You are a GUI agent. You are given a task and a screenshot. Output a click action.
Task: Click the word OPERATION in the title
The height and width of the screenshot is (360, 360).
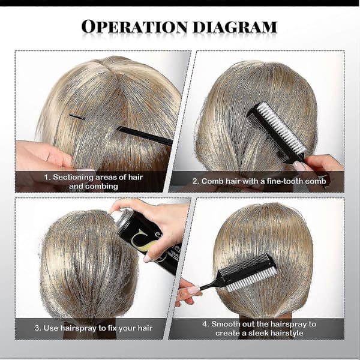pos(134,26)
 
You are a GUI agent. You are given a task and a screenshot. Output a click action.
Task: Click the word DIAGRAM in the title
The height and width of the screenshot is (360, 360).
pos(235,27)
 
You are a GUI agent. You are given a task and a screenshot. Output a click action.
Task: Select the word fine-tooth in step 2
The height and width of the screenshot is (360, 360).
pos(286,181)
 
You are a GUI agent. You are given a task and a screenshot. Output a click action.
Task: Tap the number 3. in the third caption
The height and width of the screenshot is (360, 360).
pos(38,328)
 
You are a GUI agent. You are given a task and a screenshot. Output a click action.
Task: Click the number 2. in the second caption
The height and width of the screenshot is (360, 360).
pos(196,181)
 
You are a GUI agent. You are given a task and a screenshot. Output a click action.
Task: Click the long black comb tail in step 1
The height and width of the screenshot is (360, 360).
pos(145,136)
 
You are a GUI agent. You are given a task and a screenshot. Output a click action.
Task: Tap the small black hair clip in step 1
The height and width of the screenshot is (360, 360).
pos(77,117)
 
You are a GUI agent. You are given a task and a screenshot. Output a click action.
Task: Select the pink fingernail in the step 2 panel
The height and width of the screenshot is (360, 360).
pos(299,166)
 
